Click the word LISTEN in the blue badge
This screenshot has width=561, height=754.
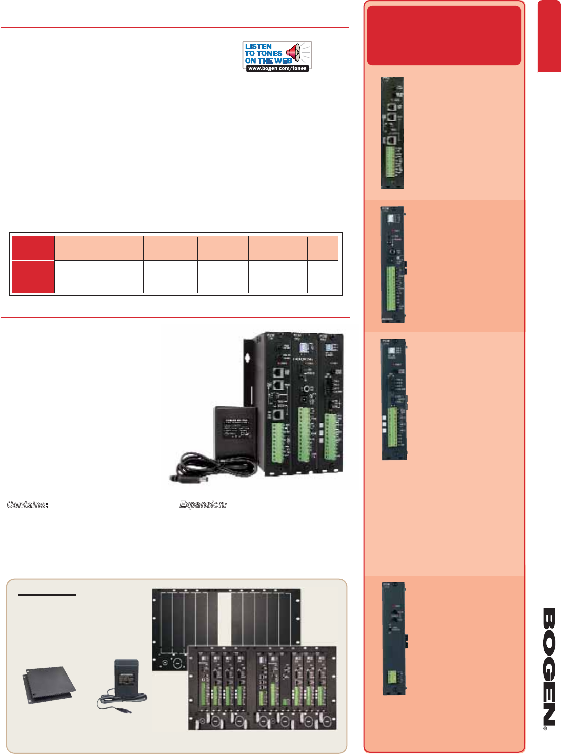[258, 46]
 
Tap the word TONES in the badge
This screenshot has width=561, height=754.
[270, 53]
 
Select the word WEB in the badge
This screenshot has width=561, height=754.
[283, 61]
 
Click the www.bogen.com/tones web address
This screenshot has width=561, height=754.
[277, 68]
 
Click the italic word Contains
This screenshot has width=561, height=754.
[27, 505]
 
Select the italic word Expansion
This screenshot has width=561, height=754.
[203, 505]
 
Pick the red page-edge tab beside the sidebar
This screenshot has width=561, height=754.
[549, 36]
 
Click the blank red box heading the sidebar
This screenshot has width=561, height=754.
[444, 35]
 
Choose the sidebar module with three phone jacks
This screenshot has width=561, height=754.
[392, 133]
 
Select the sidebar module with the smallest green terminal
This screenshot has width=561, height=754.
[394, 638]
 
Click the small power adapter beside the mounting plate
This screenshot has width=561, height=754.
[125, 677]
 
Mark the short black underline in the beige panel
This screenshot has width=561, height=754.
[47, 595]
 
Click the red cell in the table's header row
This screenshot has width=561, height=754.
[33, 248]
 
